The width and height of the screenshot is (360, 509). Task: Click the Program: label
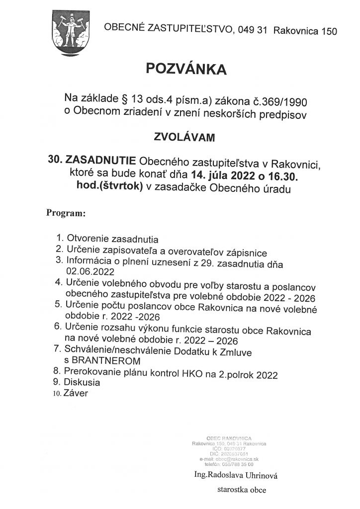pyautogui.click(x=66, y=213)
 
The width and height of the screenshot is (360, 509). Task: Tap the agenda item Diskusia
pyautogui.click(x=83, y=383)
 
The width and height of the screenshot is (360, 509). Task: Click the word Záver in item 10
pyautogui.click(x=76, y=394)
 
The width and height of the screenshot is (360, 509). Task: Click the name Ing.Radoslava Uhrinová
pyautogui.click(x=235, y=475)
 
